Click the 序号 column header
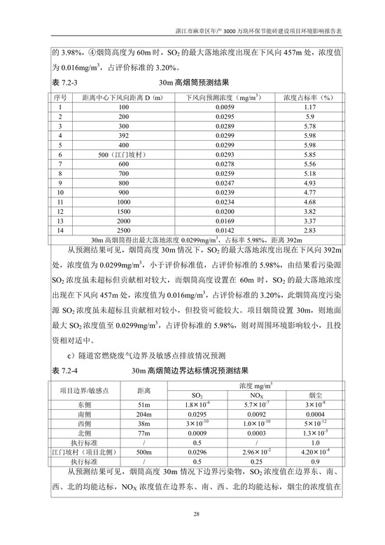(60, 96)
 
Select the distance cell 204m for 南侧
(144, 415)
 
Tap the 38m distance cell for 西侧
(144, 425)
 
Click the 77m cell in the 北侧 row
(144, 434)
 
